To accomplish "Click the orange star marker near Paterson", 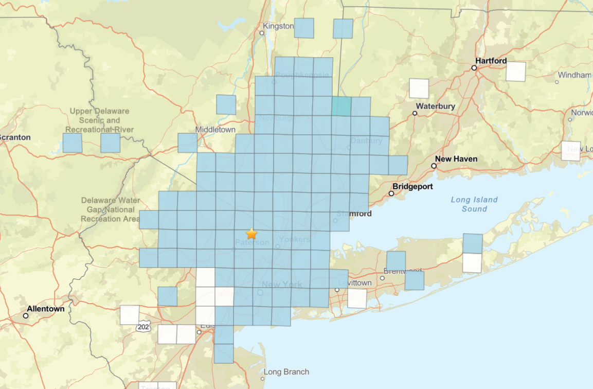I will (x=251, y=234).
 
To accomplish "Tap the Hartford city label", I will (x=491, y=61).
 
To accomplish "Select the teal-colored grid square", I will (x=341, y=106).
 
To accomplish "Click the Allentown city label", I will (x=46, y=309).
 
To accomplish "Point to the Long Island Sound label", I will (x=474, y=204).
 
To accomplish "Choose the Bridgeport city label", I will (x=412, y=186).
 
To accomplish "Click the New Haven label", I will (x=456, y=159).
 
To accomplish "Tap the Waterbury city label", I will (x=435, y=106).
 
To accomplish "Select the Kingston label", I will (x=278, y=26).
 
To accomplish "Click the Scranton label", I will (x=15, y=137).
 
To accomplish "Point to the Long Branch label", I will (x=286, y=372).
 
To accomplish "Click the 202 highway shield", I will (x=143, y=327).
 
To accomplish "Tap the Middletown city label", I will (x=215, y=130).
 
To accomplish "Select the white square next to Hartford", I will (x=516, y=72).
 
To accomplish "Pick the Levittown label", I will (x=355, y=283).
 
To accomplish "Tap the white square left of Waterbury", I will (x=419, y=89).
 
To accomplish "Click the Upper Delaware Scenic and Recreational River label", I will (x=99, y=120).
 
